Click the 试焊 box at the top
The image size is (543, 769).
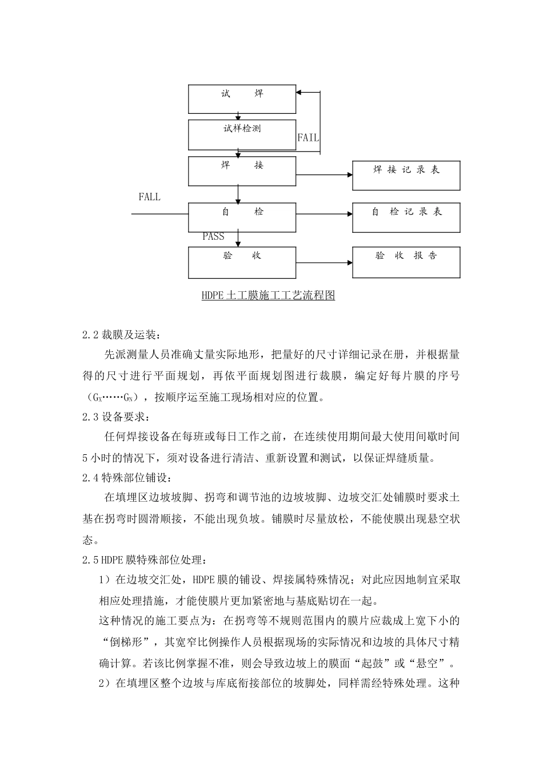click(242, 99)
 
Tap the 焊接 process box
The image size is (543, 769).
click(242, 171)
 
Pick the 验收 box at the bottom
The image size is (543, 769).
click(242, 262)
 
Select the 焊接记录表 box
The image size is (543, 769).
click(406, 175)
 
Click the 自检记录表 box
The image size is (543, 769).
click(406, 217)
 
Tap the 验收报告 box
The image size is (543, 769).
click(406, 262)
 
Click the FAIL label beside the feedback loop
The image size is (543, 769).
click(308, 138)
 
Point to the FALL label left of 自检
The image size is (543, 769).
click(150, 197)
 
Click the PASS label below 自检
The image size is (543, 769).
click(213, 236)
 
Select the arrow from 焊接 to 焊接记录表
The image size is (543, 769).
click(324, 175)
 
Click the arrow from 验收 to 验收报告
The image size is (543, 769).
click(324, 263)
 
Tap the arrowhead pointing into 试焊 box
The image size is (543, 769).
click(300, 92)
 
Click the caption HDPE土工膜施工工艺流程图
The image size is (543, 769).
click(267, 296)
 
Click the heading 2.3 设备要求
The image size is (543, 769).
click(116, 417)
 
